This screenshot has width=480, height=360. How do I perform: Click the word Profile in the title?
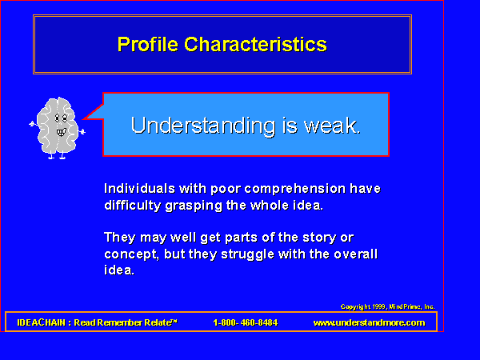tap(148, 44)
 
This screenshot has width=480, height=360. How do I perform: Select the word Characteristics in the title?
tap(256, 44)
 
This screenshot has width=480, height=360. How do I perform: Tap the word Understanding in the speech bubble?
tap(203, 126)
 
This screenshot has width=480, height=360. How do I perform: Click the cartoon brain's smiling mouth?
tap(62, 132)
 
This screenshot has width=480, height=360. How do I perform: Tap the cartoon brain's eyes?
tap(61, 118)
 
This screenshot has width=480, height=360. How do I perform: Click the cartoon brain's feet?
tap(57, 157)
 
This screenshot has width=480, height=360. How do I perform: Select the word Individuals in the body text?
tap(139, 189)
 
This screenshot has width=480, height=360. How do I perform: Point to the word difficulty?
tap(133, 206)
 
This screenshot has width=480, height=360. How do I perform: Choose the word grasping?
tap(194, 206)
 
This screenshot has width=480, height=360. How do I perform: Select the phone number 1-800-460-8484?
tap(246, 322)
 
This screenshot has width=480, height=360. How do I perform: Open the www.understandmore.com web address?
tap(369, 322)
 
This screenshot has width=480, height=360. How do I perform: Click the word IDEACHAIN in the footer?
tap(42, 322)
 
